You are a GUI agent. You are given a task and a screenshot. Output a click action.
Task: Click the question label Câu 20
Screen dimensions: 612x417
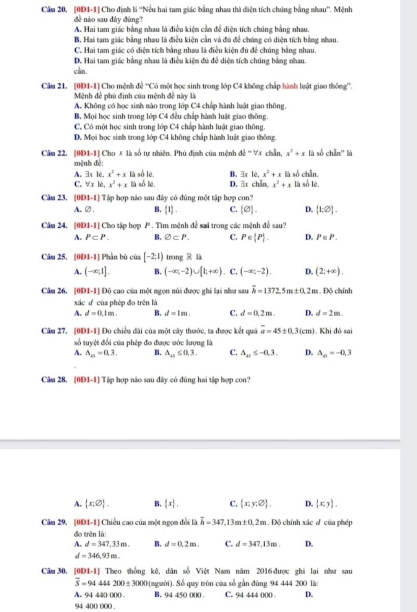pos(54,9)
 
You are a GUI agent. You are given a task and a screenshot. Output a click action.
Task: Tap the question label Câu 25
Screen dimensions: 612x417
pos(54,257)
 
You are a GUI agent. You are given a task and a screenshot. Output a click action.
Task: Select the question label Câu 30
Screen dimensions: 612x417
pos(54,571)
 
